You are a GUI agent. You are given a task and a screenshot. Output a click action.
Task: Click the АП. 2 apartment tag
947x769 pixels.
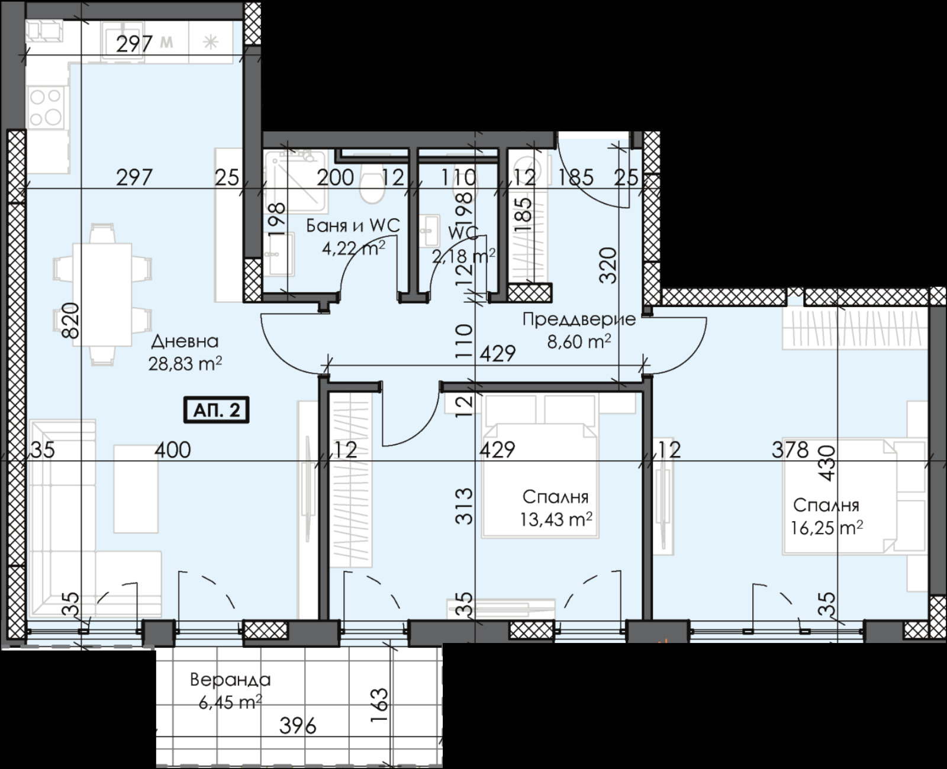point(217,410)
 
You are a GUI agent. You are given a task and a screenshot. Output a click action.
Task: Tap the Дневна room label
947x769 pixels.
point(185,341)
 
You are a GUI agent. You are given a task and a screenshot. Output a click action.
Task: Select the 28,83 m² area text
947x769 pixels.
point(185,364)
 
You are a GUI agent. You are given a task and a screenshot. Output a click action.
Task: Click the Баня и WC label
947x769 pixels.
point(353,226)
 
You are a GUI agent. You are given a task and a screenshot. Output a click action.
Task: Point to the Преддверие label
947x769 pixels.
point(579,319)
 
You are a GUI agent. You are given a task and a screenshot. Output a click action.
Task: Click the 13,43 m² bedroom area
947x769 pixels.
point(556,519)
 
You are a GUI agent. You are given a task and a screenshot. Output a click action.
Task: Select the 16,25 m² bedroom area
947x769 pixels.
point(826,527)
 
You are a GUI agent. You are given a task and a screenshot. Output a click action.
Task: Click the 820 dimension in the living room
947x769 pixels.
point(70,319)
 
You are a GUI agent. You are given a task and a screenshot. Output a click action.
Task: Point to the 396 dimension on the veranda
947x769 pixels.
point(298,725)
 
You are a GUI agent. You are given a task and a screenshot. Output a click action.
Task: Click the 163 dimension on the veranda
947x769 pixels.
point(381,700)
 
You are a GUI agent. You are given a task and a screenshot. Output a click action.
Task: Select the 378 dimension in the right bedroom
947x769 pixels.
point(790,450)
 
